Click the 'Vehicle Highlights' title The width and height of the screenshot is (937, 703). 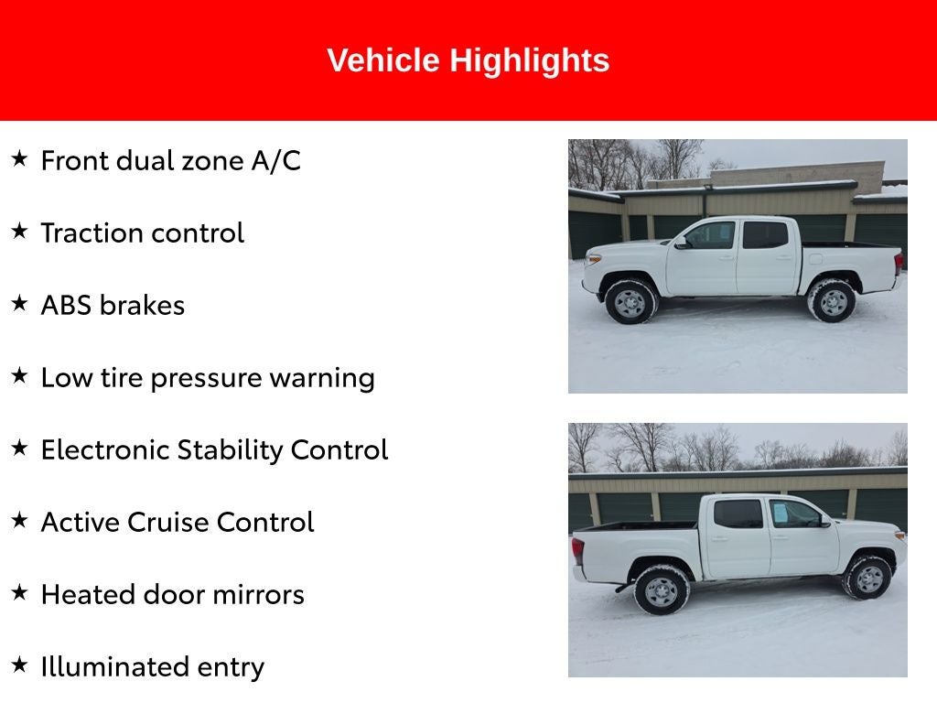(x=468, y=60)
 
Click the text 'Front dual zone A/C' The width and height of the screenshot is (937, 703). (x=170, y=161)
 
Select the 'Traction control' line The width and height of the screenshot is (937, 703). (x=142, y=233)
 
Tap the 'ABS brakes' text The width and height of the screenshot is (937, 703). (x=113, y=306)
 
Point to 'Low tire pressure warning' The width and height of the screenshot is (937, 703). (x=208, y=378)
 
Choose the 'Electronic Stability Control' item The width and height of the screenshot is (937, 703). (x=214, y=450)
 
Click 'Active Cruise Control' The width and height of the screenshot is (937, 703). (x=177, y=523)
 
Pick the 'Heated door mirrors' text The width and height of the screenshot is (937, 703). (x=172, y=595)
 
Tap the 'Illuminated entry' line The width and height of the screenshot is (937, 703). (x=152, y=667)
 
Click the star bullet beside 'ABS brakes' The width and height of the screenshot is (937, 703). (x=19, y=304)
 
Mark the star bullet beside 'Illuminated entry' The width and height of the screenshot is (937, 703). (x=19, y=665)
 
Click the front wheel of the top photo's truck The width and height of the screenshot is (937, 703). (x=630, y=302)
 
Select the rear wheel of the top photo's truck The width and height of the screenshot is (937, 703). (x=832, y=301)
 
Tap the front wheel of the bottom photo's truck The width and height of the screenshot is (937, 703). (x=867, y=578)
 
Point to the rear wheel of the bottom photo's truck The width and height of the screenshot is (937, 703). (x=661, y=590)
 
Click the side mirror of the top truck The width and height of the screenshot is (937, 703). (x=680, y=243)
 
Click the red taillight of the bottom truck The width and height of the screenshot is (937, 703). (x=577, y=552)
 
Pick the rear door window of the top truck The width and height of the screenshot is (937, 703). (x=765, y=235)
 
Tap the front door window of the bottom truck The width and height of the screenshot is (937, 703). (x=792, y=514)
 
